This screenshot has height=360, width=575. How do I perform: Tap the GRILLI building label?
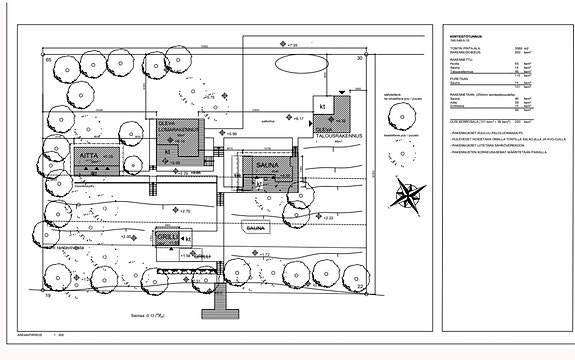point(166,237)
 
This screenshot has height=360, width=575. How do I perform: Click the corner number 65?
point(47,61)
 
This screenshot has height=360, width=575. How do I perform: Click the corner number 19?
point(47,296)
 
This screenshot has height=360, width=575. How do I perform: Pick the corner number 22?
point(360,288)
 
